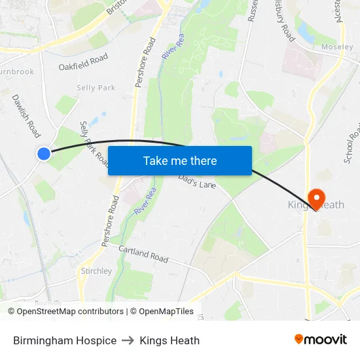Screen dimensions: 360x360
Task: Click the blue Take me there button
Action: [x=179, y=160]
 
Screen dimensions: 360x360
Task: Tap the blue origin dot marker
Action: [x=43, y=153]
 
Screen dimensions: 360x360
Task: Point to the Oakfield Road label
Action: [x=83, y=63]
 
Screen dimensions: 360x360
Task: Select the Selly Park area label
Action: [x=96, y=88]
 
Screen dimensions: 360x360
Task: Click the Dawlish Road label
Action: [x=26, y=115]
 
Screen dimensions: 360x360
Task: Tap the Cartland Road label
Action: [x=143, y=253]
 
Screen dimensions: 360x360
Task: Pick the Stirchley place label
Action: [x=96, y=271]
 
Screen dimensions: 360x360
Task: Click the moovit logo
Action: [x=320, y=339]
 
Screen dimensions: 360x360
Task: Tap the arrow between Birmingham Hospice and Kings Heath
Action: [x=128, y=340]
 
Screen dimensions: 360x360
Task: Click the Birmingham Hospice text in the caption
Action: [x=65, y=340]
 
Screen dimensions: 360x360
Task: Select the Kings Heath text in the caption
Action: [x=170, y=340]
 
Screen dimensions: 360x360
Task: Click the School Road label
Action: [x=352, y=144]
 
